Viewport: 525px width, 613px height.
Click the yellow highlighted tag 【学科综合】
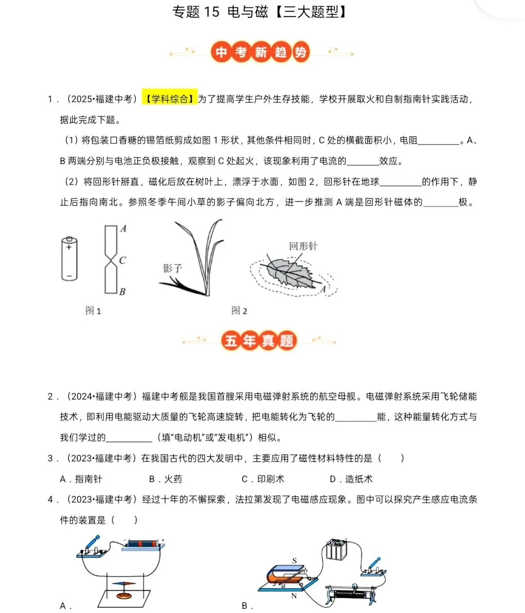170,99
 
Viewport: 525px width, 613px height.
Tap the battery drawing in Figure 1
70,258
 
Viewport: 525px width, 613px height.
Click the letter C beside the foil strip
122,261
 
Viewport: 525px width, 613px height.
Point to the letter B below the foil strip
122,291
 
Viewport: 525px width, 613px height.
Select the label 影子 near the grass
172,268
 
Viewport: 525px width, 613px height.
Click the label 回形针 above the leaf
303,246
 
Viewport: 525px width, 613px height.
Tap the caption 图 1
93,311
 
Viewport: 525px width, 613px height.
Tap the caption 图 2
239,311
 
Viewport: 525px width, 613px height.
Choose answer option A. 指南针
81,479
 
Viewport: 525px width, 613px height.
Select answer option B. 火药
166,479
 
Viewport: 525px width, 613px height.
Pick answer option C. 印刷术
263,479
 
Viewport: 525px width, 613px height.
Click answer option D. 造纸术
351,479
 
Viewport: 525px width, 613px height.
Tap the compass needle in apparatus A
125,583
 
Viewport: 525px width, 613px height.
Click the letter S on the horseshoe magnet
295,561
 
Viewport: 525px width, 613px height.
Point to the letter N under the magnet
294,595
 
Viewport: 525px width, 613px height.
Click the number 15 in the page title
212,12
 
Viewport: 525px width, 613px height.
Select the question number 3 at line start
51,458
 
